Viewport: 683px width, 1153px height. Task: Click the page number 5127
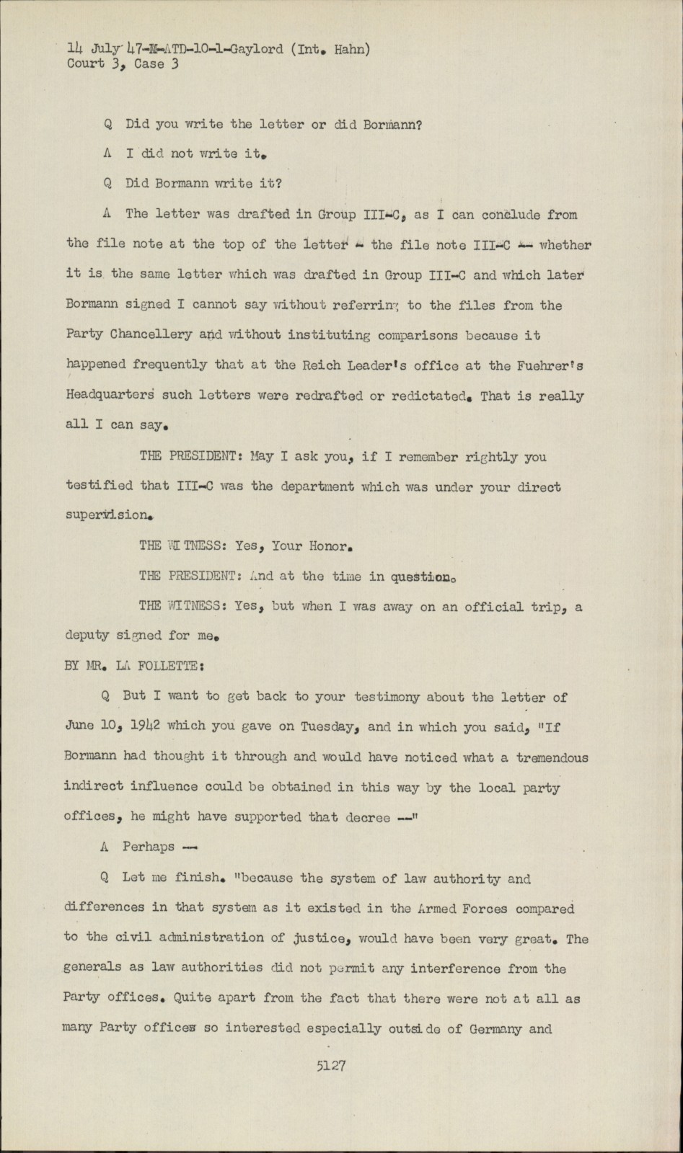point(330,1065)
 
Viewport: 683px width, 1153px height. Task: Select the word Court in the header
point(86,64)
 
